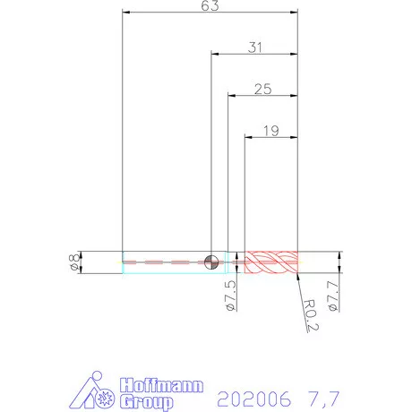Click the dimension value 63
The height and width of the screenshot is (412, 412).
tap(210, 5)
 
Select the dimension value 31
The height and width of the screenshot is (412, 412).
tap(255, 47)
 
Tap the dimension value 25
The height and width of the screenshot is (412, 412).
tap(263, 89)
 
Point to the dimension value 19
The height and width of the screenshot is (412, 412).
tap(271, 131)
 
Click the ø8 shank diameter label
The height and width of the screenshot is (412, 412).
tap(74, 262)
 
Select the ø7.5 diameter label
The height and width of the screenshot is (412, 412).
tap(231, 296)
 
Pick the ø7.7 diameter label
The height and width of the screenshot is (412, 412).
tap(332, 296)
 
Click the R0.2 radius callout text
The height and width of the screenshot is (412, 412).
tap(311, 314)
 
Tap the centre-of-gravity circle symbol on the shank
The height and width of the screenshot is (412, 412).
tap(211, 262)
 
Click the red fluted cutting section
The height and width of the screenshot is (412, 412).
tap(271, 262)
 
